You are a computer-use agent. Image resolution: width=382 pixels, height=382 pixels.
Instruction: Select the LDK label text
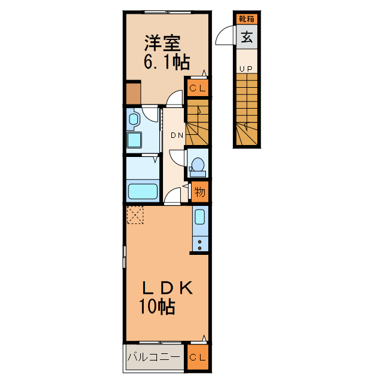coord(167,288)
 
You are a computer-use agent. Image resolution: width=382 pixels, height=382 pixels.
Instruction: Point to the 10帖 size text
coord(157,307)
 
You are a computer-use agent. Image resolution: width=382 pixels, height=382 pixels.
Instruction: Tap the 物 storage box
coord(199,192)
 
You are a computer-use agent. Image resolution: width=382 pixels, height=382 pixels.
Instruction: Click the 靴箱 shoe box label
coord(245,19)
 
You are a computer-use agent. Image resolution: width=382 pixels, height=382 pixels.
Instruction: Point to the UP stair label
coord(245,69)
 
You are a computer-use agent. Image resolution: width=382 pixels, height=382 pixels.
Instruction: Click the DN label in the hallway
coord(177,135)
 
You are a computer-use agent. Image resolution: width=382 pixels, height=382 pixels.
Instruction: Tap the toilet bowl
coord(198,164)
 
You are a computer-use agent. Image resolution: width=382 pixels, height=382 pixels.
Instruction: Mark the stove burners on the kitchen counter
coord(199,244)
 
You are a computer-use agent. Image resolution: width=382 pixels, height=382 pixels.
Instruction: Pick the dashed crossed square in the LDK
coord(135,215)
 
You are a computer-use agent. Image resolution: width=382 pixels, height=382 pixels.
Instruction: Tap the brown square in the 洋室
coord(133,93)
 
